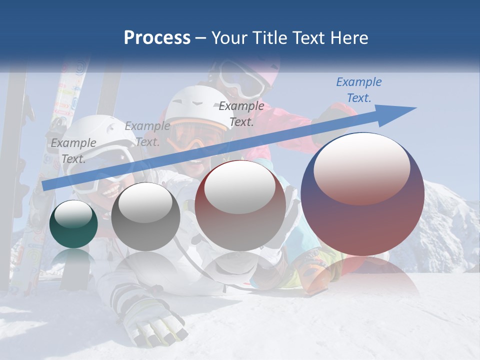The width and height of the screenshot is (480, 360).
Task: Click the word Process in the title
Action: point(157,38)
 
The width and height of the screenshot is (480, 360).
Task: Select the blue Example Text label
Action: point(358,90)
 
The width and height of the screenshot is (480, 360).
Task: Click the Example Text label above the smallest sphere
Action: point(73,151)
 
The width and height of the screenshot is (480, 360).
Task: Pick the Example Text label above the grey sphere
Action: point(147,134)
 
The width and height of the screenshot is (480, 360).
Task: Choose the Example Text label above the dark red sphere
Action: point(241,113)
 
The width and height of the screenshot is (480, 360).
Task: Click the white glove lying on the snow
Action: point(150,320)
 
